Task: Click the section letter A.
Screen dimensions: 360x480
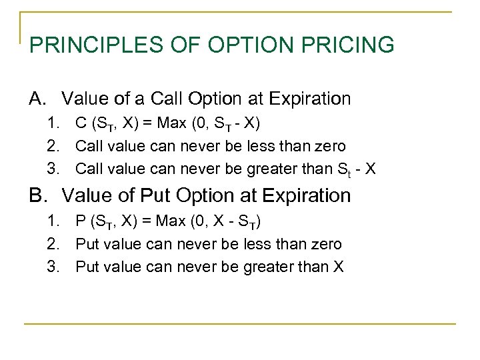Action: click(x=37, y=99)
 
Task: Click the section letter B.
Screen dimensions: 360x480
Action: click(x=37, y=196)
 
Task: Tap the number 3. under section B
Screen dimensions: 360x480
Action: click(x=53, y=267)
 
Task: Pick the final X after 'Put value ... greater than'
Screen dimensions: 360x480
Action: click(x=338, y=267)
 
